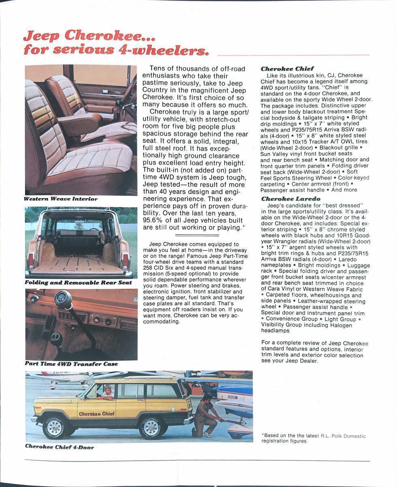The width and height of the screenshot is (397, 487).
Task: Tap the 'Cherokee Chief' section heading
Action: [287, 69]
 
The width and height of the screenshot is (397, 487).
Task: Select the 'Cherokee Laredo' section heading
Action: [290, 199]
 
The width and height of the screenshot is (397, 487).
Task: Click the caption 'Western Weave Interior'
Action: [61, 199]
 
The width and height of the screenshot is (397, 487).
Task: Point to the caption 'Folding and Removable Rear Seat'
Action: [78, 282]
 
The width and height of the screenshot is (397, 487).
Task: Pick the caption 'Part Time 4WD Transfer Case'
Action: [71, 364]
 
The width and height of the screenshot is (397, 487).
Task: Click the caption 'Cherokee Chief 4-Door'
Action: [60, 447]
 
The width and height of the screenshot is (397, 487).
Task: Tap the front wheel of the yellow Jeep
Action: [54, 427]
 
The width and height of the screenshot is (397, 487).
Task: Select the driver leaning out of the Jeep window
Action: [107, 392]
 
